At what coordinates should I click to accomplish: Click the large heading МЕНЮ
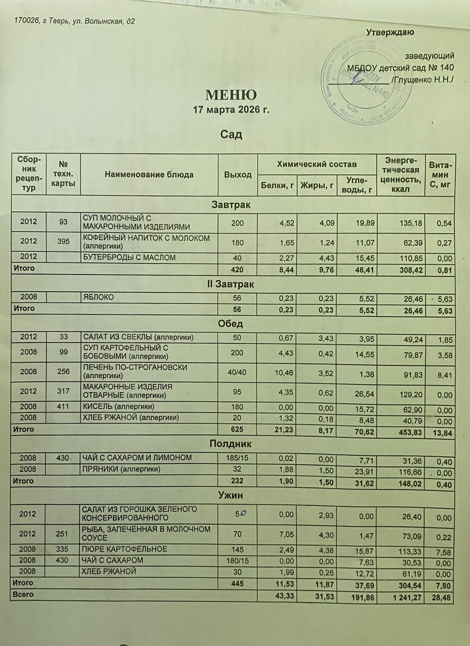click(x=231, y=95)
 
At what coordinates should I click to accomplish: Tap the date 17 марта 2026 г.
click(x=231, y=110)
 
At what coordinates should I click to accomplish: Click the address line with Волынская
click(x=75, y=21)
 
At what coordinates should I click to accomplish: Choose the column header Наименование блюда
click(x=149, y=175)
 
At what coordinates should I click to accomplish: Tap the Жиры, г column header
click(x=317, y=186)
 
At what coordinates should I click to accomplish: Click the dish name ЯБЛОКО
click(x=98, y=297)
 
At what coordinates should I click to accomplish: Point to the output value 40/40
click(x=237, y=372)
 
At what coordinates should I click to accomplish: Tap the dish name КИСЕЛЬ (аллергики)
click(x=118, y=406)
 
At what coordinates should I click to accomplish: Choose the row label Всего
click(x=23, y=594)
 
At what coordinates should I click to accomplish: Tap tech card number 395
click(x=63, y=241)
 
